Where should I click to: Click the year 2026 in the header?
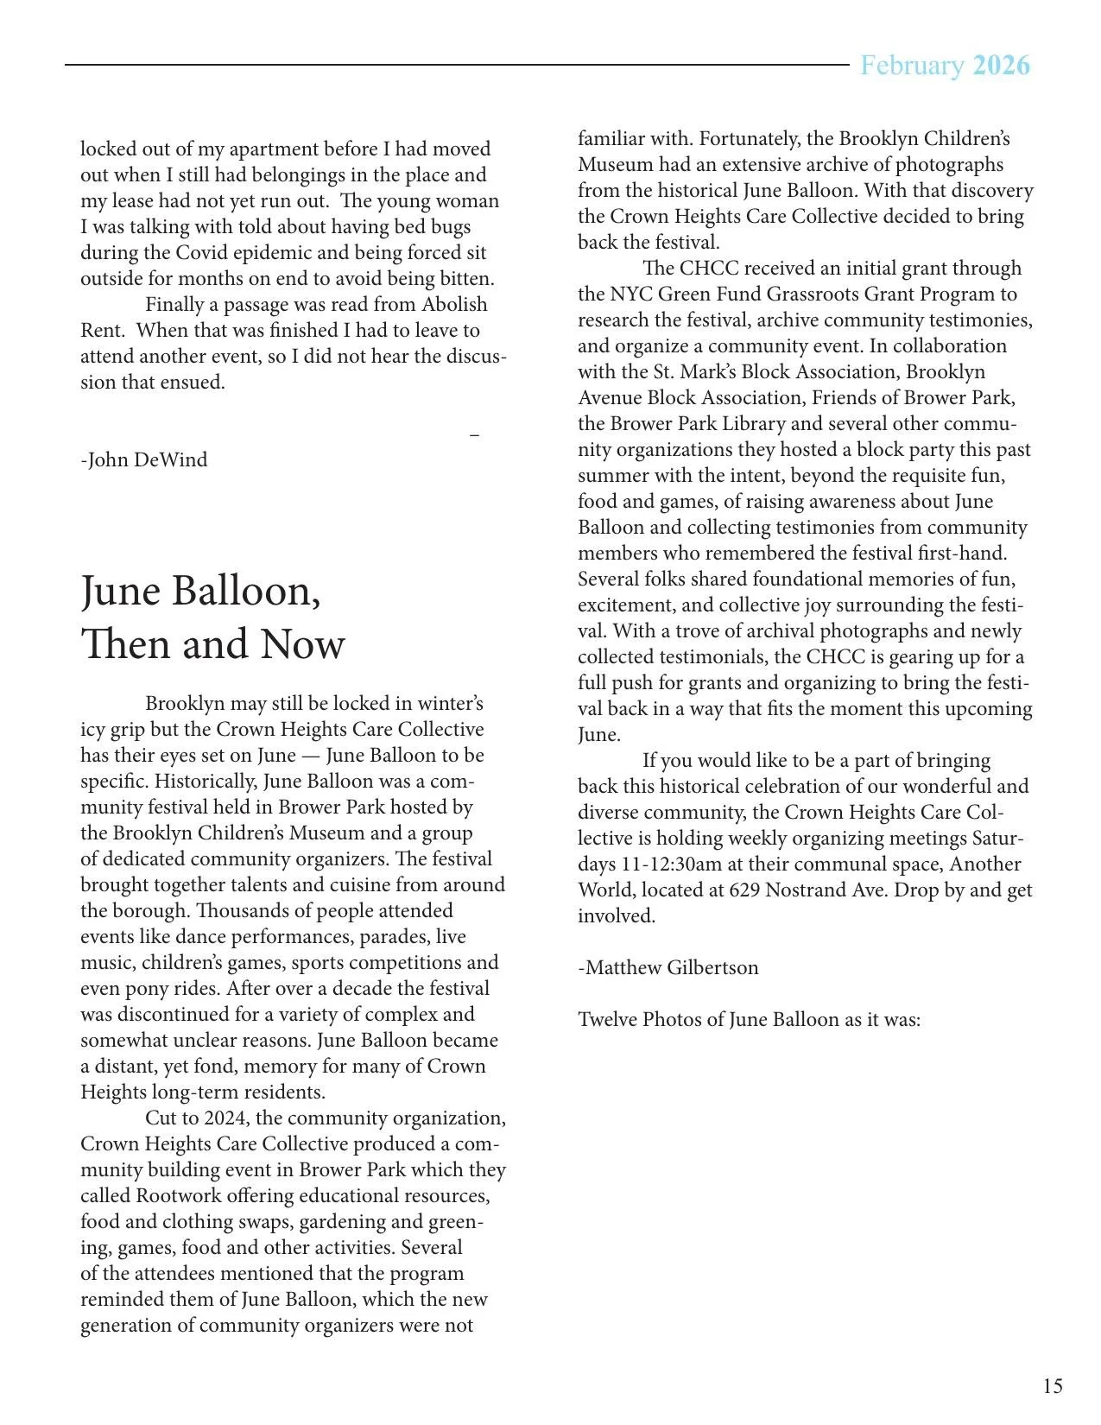(x=1001, y=66)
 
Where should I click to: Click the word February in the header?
(x=912, y=66)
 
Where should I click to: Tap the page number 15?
(x=1053, y=1386)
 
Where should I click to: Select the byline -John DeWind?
(x=144, y=459)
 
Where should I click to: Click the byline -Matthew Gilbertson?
(x=668, y=967)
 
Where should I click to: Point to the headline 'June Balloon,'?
(x=200, y=592)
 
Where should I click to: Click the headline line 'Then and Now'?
(x=212, y=644)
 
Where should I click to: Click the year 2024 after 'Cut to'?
(x=226, y=1118)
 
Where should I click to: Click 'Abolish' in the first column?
(x=454, y=304)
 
